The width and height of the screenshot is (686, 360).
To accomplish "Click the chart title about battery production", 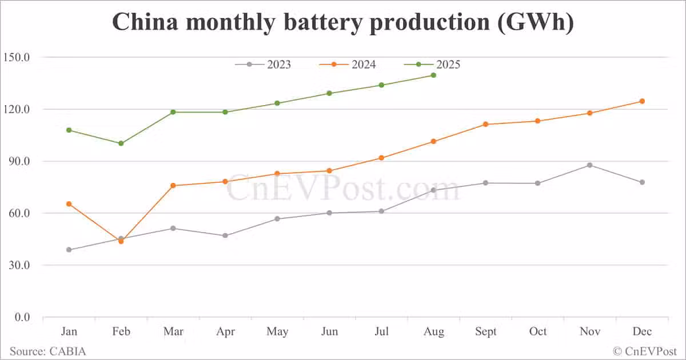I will pyautogui.click(x=342, y=22).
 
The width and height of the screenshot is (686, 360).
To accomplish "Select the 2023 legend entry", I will pyautogui.click(x=264, y=64).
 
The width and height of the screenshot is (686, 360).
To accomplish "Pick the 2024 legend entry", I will pyautogui.click(x=348, y=64).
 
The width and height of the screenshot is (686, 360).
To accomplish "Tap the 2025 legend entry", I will pyautogui.click(x=433, y=64).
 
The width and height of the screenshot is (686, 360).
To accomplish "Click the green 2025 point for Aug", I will pyautogui.click(x=433, y=75).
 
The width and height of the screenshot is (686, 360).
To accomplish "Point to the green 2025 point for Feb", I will pyautogui.click(x=121, y=143).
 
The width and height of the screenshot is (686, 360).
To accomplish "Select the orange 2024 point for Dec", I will pyautogui.click(x=642, y=101).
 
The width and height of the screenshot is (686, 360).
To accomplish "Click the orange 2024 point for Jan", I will pyautogui.click(x=69, y=204).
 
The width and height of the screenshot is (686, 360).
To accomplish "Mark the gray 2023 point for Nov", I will pyautogui.click(x=590, y=165).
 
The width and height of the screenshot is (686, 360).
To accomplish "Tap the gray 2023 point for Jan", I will pyautogui.click(x=69, y=250).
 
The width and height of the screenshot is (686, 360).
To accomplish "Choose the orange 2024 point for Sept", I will pyautogui.click(x=485, y=124).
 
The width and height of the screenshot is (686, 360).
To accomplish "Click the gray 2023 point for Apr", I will pyautogui.click(x=225, y=235).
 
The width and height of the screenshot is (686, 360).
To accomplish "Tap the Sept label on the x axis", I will pyautogui.click(x=485, y=331).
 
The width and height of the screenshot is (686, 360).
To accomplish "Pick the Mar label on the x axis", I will pyautogui.click(x=173, y=331).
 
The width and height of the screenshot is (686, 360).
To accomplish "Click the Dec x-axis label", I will pyautogui.click(x=642, y=331).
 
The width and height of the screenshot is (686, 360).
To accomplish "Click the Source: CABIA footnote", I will pyautogui.click(x=47, y=351).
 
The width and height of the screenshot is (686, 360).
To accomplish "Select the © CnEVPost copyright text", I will pyautogui.click(x=645, y=351).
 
